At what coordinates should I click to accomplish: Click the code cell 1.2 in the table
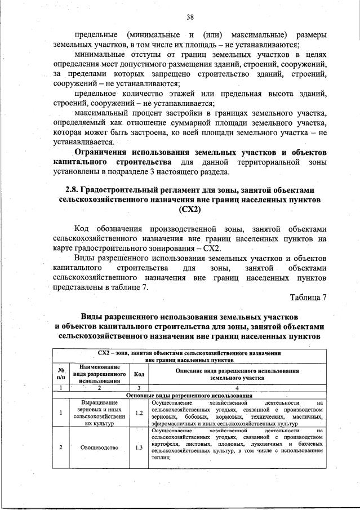coord(138,413)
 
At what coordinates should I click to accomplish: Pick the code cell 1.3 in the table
coord(138,447)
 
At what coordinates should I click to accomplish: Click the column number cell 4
coord(237,388)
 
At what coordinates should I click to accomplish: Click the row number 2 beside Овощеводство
coord(60,447)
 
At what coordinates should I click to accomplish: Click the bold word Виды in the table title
coord(92,317)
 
